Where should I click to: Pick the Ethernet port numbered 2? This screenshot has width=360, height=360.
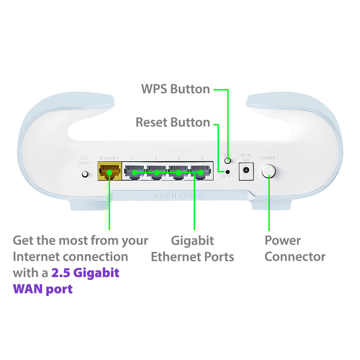pyautogui.click(x=156, y=171)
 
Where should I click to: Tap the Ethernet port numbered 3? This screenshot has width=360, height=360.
pyautogui.click(x=179, y=171)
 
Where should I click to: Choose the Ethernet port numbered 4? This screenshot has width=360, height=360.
pyautogui.click(x=201, y=171)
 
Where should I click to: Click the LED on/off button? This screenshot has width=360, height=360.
pyautogui.click(x=86, y=173)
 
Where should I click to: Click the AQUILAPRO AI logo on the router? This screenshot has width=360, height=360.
pyautogui.click(x=180, y=196)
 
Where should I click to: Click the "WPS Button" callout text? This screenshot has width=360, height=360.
pyautogui.click(x=175, y=89)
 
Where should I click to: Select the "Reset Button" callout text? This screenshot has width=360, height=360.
pyautogui.click(x=173, y=122)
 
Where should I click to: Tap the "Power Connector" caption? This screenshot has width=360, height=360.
pyautogui.click(x=295, y=248)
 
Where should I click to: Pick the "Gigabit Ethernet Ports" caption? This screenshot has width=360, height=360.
pyautogui.click(x=192, y=248)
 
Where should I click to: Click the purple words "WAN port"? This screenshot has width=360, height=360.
pyautogui.click(x=43, y=289)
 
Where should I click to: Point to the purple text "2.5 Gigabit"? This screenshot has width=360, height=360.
pyautogui.click(x=85, y=273)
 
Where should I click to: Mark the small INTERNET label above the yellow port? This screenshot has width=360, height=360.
pyautogui.click(x=108, y=158)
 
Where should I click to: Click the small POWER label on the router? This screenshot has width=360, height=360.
pyautogui.click(x=268, y=158)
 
